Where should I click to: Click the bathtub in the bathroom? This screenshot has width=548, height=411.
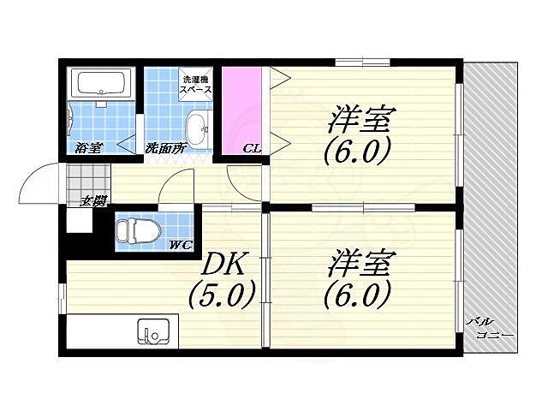(x=102, y=85)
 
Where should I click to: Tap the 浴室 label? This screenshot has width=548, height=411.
(x=89, y=147)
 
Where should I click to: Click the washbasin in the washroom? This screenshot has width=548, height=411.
(x=197, y=129)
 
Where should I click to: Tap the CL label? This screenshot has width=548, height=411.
(x=252, y=148)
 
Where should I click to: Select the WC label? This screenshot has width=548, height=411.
(x=180, y=246)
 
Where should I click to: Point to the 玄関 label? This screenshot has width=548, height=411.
(x=93, y=202)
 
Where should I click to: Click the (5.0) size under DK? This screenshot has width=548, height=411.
(x=221, y=295)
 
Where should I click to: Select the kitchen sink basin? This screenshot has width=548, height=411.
(x=154, y=331)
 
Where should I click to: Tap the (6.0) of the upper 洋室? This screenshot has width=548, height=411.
(x=357, y=152)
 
